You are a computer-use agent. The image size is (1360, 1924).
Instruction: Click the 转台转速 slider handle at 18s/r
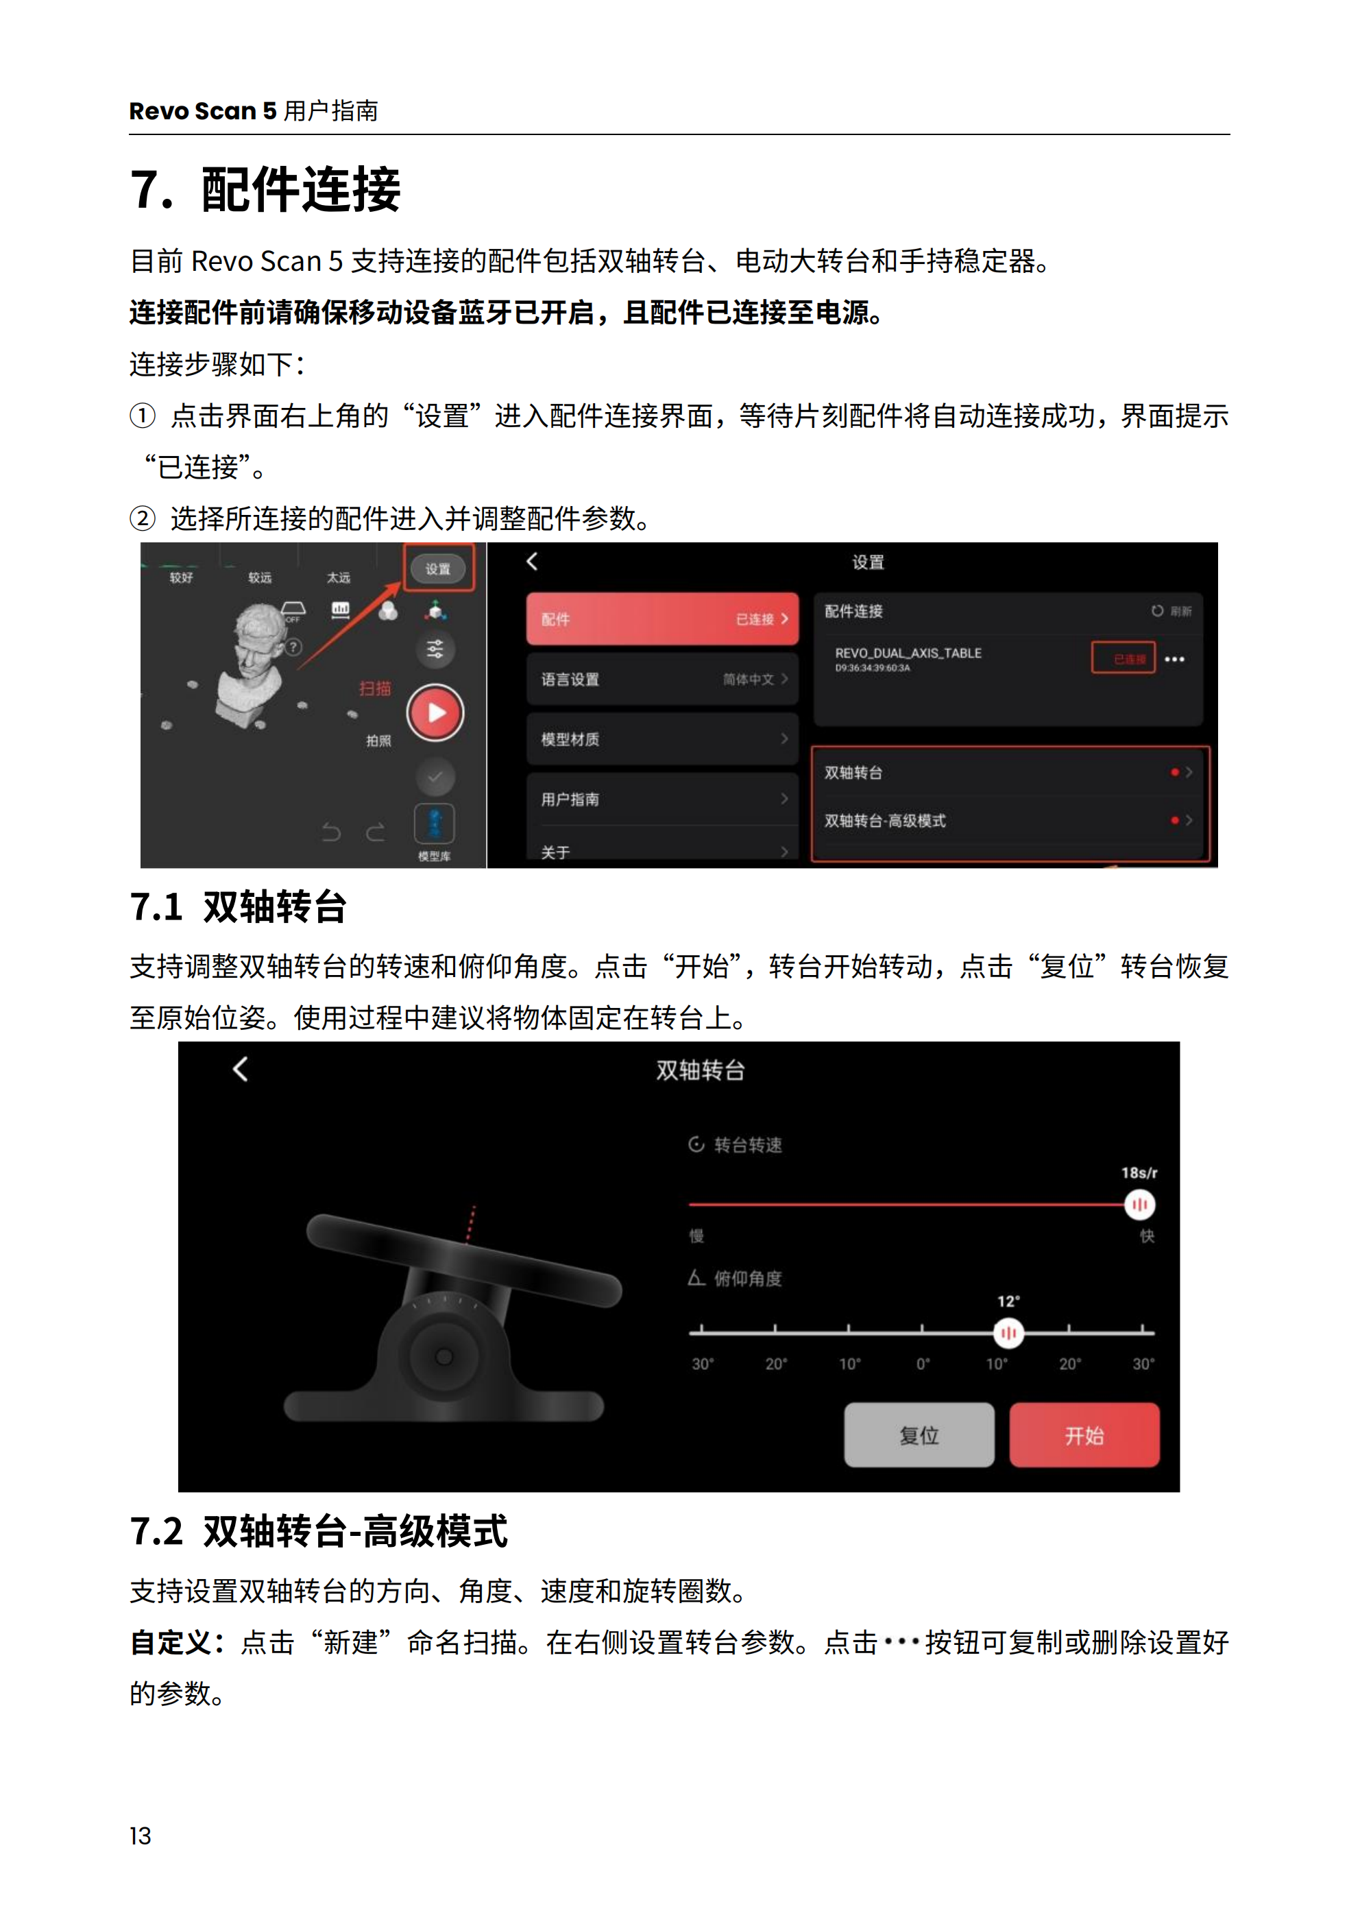click(x=1139, y=1204)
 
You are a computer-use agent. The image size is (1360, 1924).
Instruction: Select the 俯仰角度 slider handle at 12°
click(x=1008, y=1332)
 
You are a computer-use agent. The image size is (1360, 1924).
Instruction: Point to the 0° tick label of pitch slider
click(x=922, y=1363)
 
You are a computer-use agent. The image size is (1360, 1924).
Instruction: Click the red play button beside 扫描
click(x=435, y=712)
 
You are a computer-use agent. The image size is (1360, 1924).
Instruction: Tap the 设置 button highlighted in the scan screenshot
click(x=438, y=569)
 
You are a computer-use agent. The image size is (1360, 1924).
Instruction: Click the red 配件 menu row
click(x=662, y=618)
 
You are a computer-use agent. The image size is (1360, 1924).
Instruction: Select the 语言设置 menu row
click(x=662, y=679)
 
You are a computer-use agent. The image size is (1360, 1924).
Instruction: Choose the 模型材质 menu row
click(x=662, y=739)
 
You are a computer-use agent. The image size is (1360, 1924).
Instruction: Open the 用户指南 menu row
click(x=662, y=799)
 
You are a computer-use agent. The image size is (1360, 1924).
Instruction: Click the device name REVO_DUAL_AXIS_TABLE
click(x=908, y=653)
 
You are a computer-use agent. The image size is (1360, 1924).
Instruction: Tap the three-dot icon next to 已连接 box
click(x=1174, y=660)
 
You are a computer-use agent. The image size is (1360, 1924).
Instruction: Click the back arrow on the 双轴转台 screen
click(x=241, y=1068)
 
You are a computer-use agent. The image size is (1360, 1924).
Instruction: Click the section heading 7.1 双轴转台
click(x=238, y=906)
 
